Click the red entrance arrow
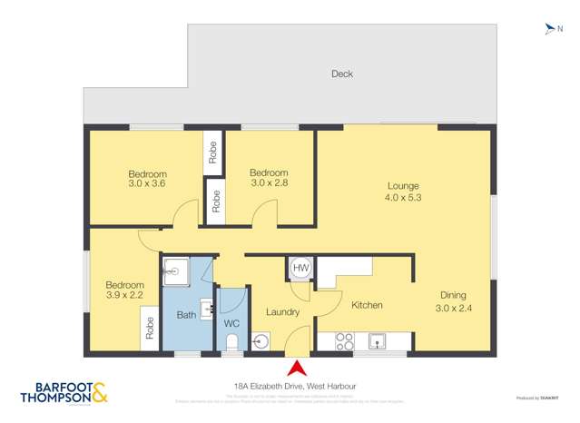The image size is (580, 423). [296, 368]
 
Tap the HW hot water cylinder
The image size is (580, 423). [301, 269]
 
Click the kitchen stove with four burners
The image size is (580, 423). [345, 341]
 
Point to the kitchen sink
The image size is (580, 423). [378, 341]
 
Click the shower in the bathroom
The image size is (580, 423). [175, 270]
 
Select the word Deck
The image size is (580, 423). [341, 74]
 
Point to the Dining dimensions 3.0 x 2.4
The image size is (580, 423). [455, 307]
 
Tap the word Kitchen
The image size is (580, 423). [367, 305]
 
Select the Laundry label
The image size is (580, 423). [282, 312]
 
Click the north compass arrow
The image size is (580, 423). [548, 29]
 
